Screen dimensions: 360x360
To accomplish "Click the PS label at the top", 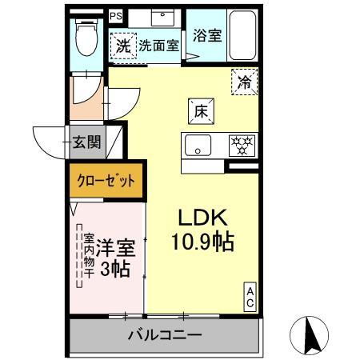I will [x=117, y=15].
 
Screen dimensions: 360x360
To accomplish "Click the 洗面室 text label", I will [x=159, y=46].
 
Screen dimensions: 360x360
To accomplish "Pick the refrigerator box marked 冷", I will [x=245, y=80].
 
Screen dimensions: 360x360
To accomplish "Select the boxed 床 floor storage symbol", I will [x=200, y=112].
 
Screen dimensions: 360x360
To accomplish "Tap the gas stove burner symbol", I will [x=242, y=146].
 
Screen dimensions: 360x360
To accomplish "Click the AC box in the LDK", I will [x=250, y=298].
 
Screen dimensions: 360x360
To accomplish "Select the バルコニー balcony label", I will [x=165, y=335].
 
